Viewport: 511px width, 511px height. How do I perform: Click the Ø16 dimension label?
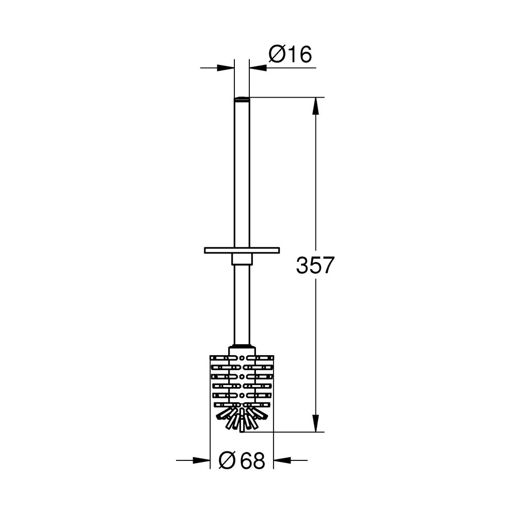click(290, 54)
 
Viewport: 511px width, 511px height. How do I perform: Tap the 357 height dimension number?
click(315, 265)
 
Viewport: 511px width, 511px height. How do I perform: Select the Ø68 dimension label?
click(242, 460)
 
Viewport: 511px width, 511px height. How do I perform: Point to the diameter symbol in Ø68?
click(227, 460)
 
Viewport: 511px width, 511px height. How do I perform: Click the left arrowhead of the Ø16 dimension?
click(226, 68)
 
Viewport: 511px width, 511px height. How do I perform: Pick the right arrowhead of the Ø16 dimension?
click(258, 68)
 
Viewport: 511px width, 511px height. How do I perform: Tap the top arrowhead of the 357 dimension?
click(315, 106)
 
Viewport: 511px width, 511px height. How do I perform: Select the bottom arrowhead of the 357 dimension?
click(315, 423)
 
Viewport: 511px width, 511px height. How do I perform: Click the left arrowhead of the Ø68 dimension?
click(201, 460)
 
